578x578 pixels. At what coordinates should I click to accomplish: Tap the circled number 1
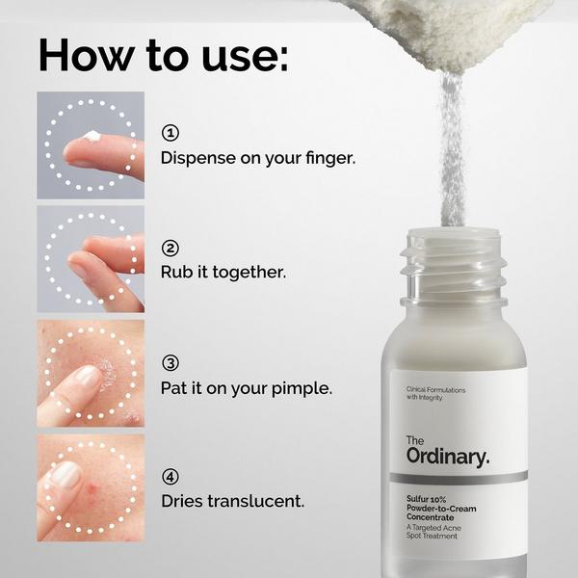(x=171, y=132)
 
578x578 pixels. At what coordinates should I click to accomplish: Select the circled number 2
(x=171, y=248)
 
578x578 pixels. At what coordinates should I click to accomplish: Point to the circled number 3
(x=171, y=363)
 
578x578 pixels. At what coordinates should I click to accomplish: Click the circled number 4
(x=171, y=476)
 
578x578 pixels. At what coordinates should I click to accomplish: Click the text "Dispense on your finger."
(x=257, y=156)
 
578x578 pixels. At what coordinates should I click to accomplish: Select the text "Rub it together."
(x=223, y=272)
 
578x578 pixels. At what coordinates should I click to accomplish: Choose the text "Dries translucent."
(x=232, y=501)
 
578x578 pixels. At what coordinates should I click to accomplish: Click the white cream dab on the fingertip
(x=93, y=137)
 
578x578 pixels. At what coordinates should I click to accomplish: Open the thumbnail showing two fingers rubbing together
(x=91, y=258)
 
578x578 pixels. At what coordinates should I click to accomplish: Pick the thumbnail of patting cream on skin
(x=91, y=373)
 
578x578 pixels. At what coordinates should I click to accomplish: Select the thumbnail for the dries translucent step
(x=91, y=486)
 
